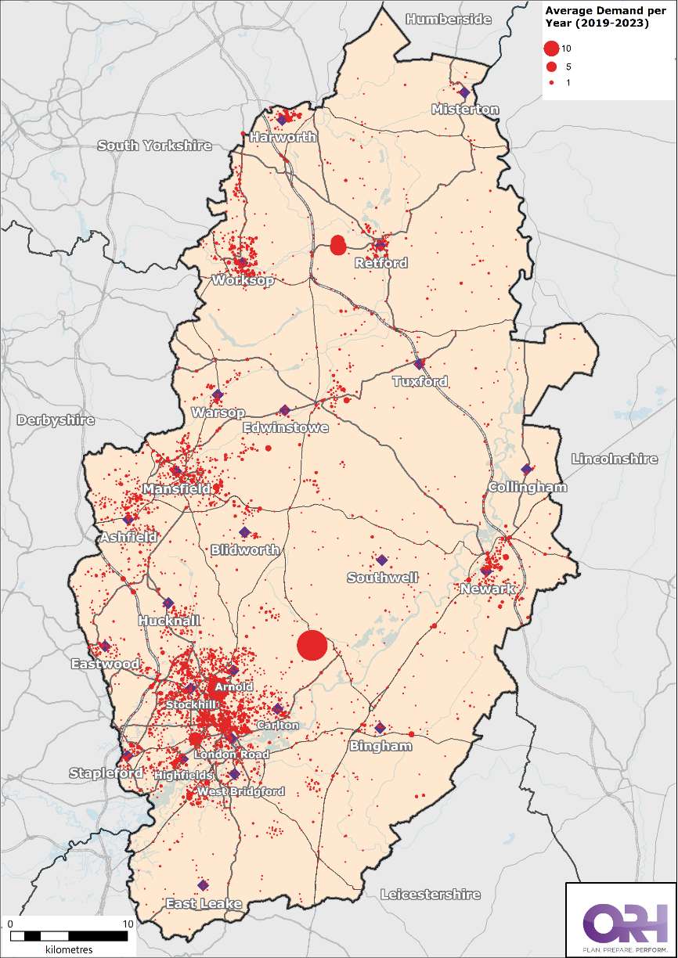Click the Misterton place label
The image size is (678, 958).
click(x=465, y=110)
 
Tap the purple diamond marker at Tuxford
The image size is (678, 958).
click(x=419, y=364)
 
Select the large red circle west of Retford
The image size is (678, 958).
click(x=338, y=245)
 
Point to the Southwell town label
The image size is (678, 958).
click(x=383, y=578)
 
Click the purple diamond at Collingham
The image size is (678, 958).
click(x=527, y=470)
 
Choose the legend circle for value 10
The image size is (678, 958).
click(x=552, y=49)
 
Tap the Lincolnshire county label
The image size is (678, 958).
click(x=615, y=459)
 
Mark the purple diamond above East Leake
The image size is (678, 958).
click(x=203, y=885)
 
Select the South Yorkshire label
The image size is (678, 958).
click(x=155, y=146)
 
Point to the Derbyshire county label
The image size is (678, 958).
click(x=56, y=420)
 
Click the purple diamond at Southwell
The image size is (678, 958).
click(x=382, y=560)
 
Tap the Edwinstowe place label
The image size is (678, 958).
click(x=286, y=428)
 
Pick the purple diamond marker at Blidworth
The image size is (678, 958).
click(x=244, y=532)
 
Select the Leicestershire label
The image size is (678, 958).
click(x=430, y=894)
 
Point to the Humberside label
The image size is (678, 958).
click(x=449, y=19)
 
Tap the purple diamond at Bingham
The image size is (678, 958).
click(x=380, y=728)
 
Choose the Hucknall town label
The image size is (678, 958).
click(x=169, y=621)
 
